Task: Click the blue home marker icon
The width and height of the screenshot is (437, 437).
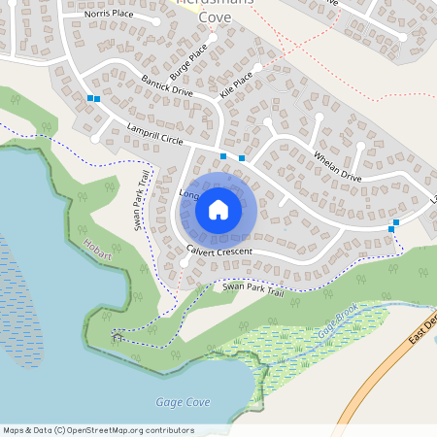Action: pyautogui.click(x=218, y=209)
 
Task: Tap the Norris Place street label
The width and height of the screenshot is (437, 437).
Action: pyautogui.click(x=108, y=15)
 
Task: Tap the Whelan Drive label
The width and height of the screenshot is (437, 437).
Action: pyautogui.click(x=337, y=166)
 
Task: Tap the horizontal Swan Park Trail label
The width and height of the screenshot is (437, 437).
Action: pyautogui.click(x=252, y=287)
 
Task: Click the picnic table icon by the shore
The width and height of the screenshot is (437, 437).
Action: pyautogui.click(x=118, y=337)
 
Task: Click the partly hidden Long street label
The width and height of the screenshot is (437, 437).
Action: pyautogui.click(x=188, y=194)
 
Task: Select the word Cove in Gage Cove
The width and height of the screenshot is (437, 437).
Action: pyautogui.click(x=196, y=401)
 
